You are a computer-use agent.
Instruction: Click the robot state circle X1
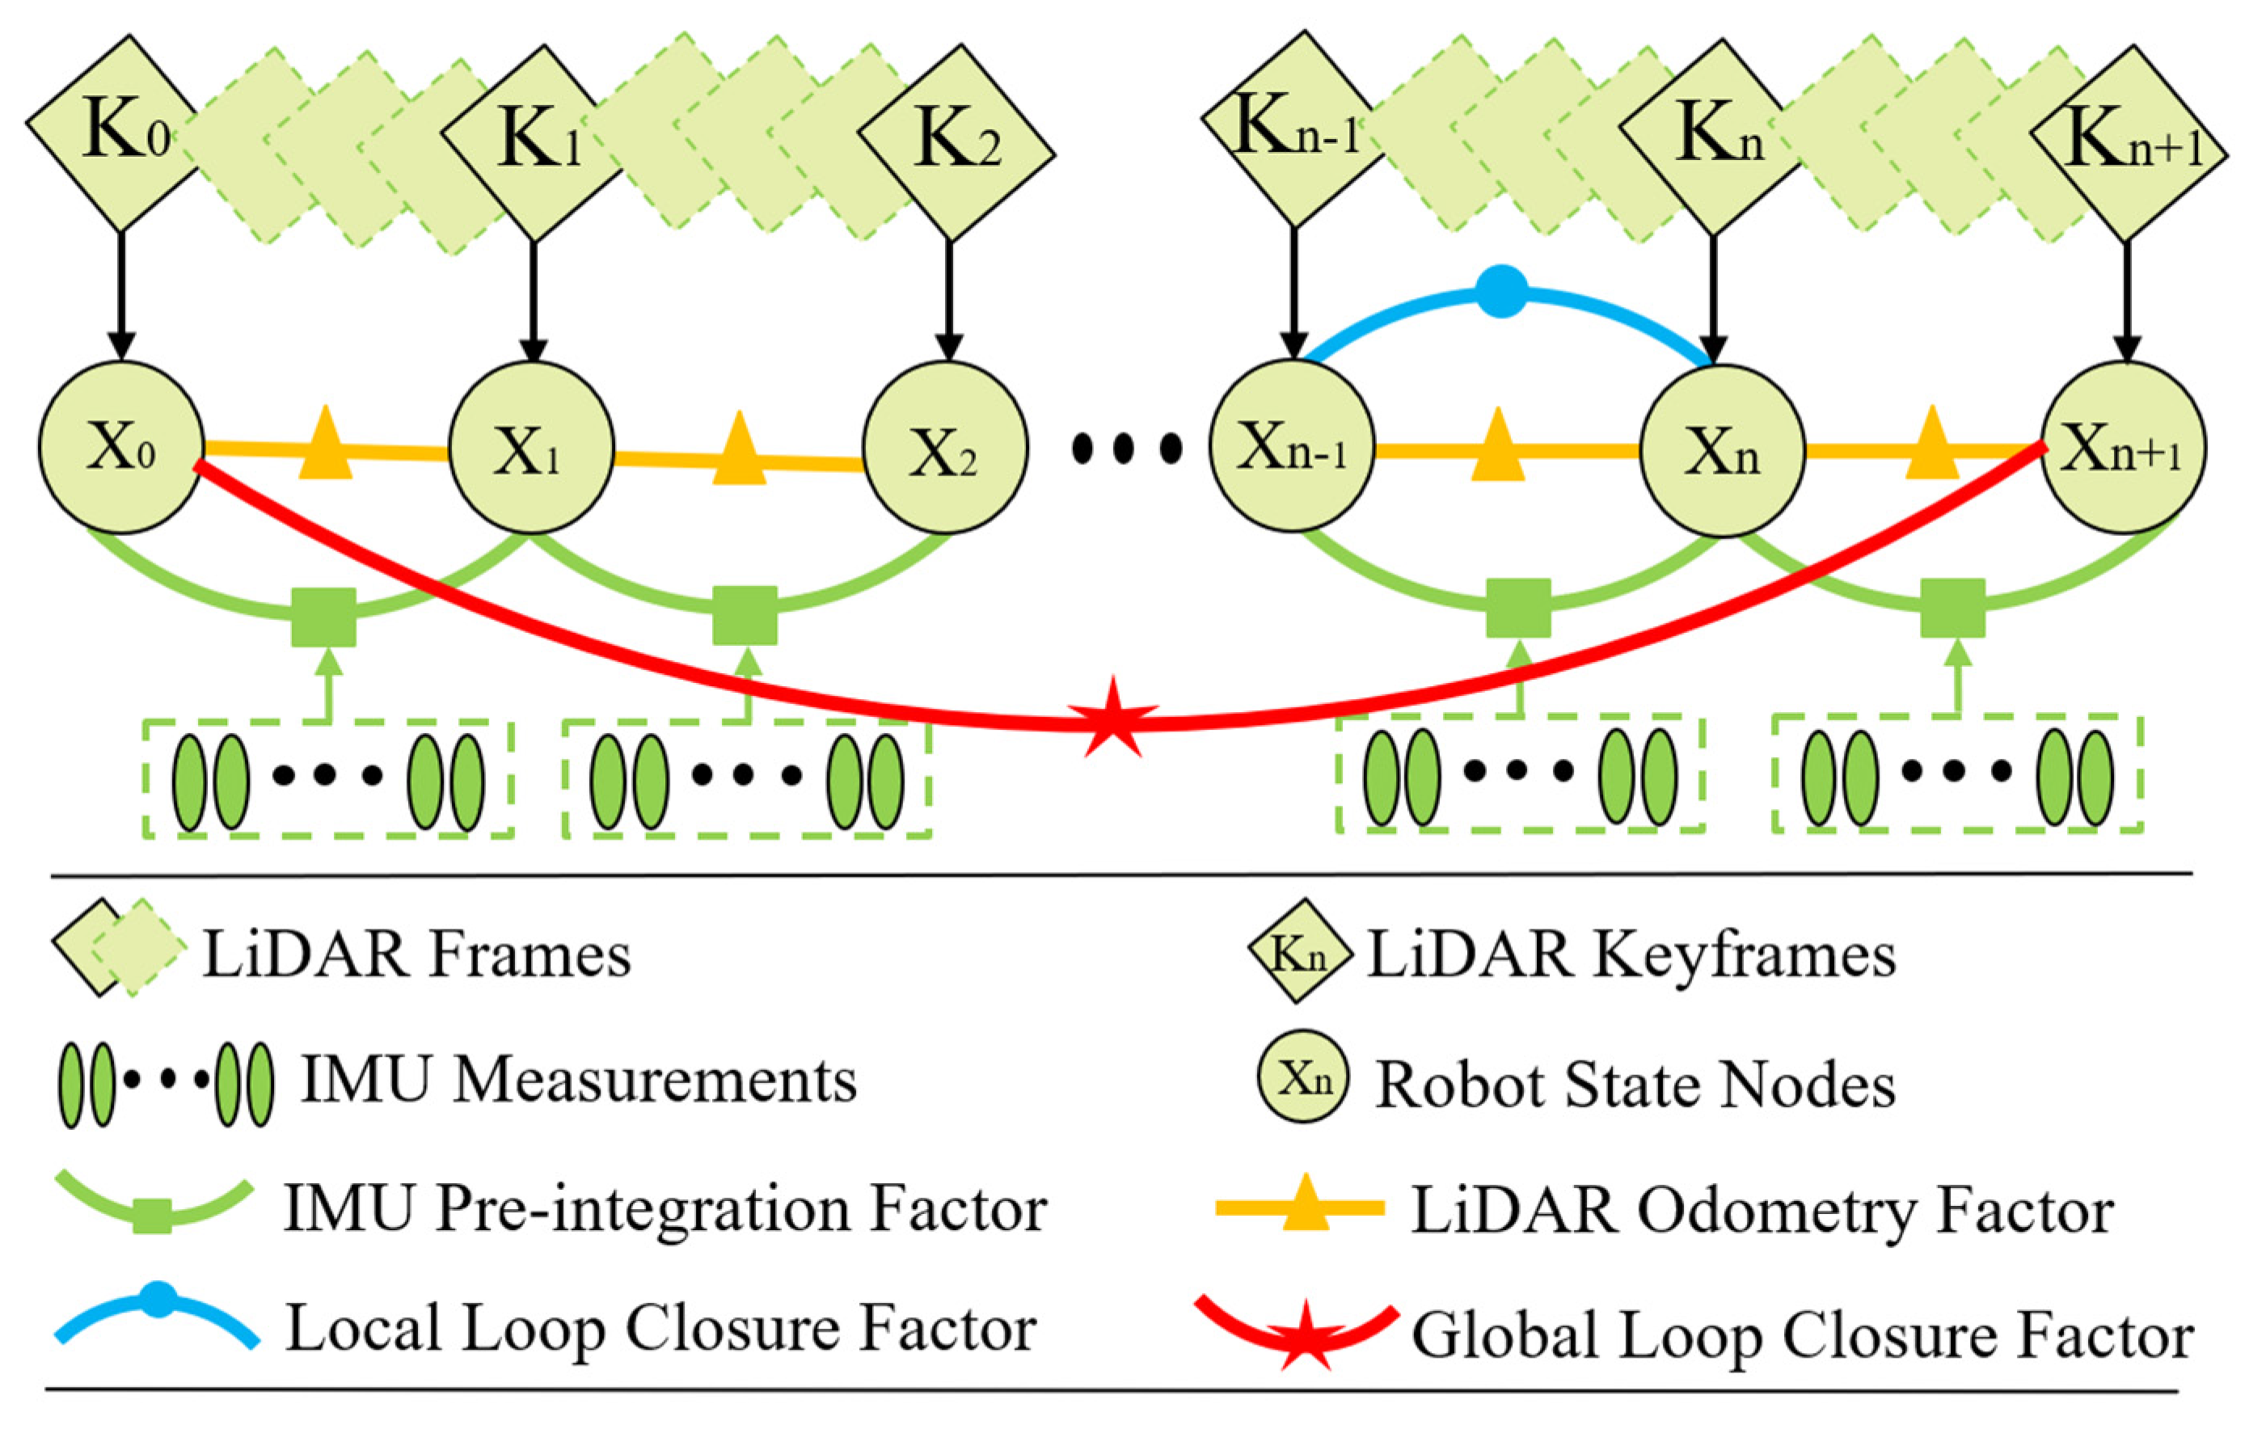tap(531, 449)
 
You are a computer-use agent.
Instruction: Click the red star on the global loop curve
tap(1112, 717)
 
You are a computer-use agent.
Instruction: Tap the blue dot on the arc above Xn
tap(1502, 292)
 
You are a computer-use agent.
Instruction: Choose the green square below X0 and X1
tap(323, 618)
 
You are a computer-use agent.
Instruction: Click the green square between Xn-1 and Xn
tap(1517, 608)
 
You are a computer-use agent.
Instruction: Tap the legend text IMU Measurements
tap(579, 1081)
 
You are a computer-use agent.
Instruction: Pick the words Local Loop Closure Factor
tap(660, 1328)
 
